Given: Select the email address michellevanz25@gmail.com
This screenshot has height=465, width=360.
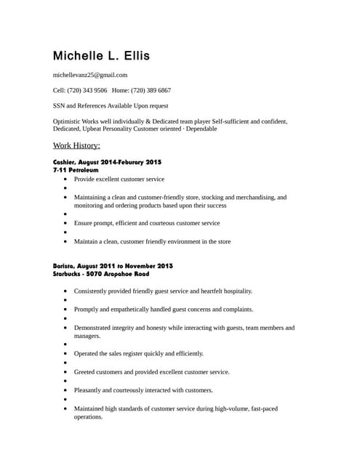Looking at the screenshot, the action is [90, 75].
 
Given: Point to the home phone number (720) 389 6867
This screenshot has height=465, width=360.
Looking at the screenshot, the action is [151, 90].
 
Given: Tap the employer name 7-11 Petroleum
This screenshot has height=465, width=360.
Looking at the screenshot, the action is [76, 169].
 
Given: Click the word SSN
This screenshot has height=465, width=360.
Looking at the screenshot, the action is [60, 105].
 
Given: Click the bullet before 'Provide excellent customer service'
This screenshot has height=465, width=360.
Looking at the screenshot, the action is [65, 179].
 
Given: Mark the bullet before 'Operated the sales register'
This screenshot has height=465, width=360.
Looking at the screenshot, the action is [65, 354].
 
